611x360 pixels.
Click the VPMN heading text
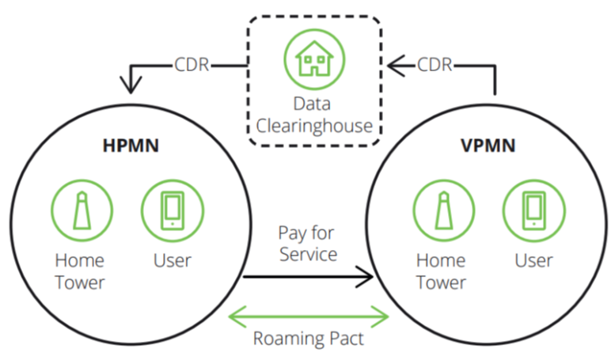(x=488, y=146)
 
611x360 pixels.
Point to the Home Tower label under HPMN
(x=79, y=271)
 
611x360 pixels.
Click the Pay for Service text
(x=307, y=244)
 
